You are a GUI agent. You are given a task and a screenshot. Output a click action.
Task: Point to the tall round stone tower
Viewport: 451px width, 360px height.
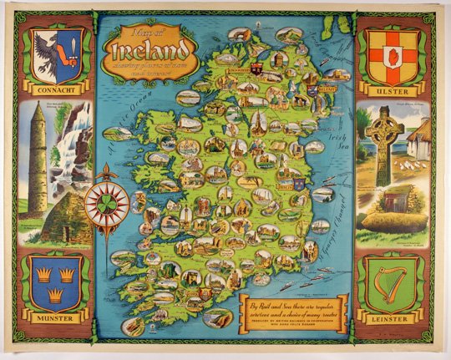click(x=38, y=160)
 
